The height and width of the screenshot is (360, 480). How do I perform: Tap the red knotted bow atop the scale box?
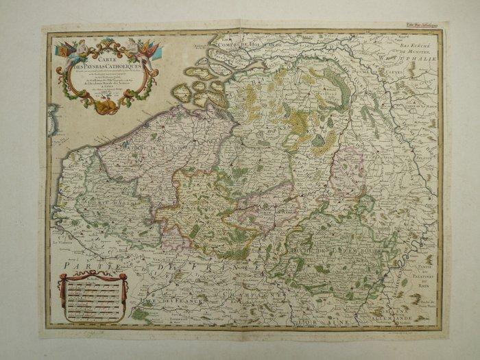pyautogui.click(x=92, y=276)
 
